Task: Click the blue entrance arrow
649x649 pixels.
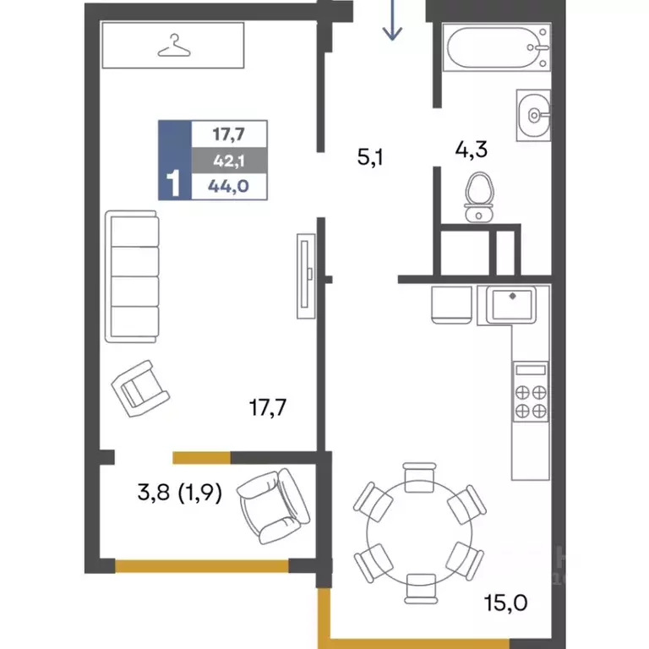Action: tap(392, 20)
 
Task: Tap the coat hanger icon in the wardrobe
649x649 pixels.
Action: tap(174, 46)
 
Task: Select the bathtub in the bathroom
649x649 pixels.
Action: tap(496, 47)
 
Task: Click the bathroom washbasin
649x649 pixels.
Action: tap(533, 115)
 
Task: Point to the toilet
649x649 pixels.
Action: tap(479, 198)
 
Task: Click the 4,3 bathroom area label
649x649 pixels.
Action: tap(471, 150)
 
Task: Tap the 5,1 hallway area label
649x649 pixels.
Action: tap(370, 157)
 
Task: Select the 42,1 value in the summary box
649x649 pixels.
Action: tap(229, 161)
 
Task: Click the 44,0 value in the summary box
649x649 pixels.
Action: tap(228, 186)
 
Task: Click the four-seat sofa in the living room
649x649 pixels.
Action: tap(132, 276)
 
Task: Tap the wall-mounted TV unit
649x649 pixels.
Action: tap(306, 276)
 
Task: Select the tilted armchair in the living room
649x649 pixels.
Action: tap(140, 388)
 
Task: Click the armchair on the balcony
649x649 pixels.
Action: tap(273, 506)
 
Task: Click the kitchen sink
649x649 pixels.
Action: tap(511, 304)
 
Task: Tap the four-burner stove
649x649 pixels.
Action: tap(531, 391)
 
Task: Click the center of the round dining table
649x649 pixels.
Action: tap(419, 533)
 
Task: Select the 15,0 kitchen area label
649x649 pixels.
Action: tap(506, 603)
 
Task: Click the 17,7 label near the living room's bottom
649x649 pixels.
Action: tap(268, 407)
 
